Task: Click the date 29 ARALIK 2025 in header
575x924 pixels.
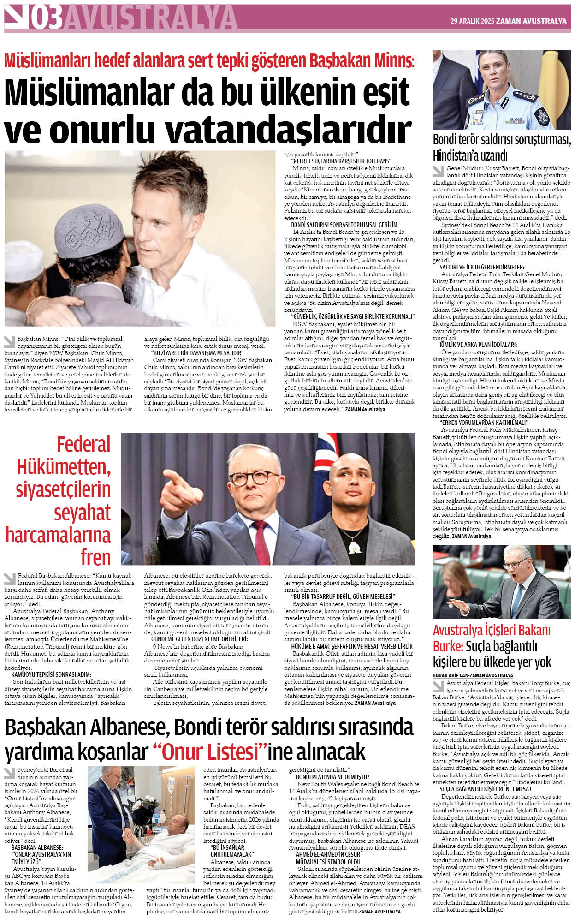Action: point(472,21)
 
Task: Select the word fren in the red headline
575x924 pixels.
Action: point(95,557)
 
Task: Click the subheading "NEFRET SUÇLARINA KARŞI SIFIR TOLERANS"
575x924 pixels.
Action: point(341,161)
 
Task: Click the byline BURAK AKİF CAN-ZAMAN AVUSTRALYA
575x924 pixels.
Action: point(473,675)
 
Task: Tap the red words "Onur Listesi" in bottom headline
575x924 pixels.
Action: point(212,752)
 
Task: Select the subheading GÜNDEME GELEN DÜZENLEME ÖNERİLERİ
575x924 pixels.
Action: point(199,639)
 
